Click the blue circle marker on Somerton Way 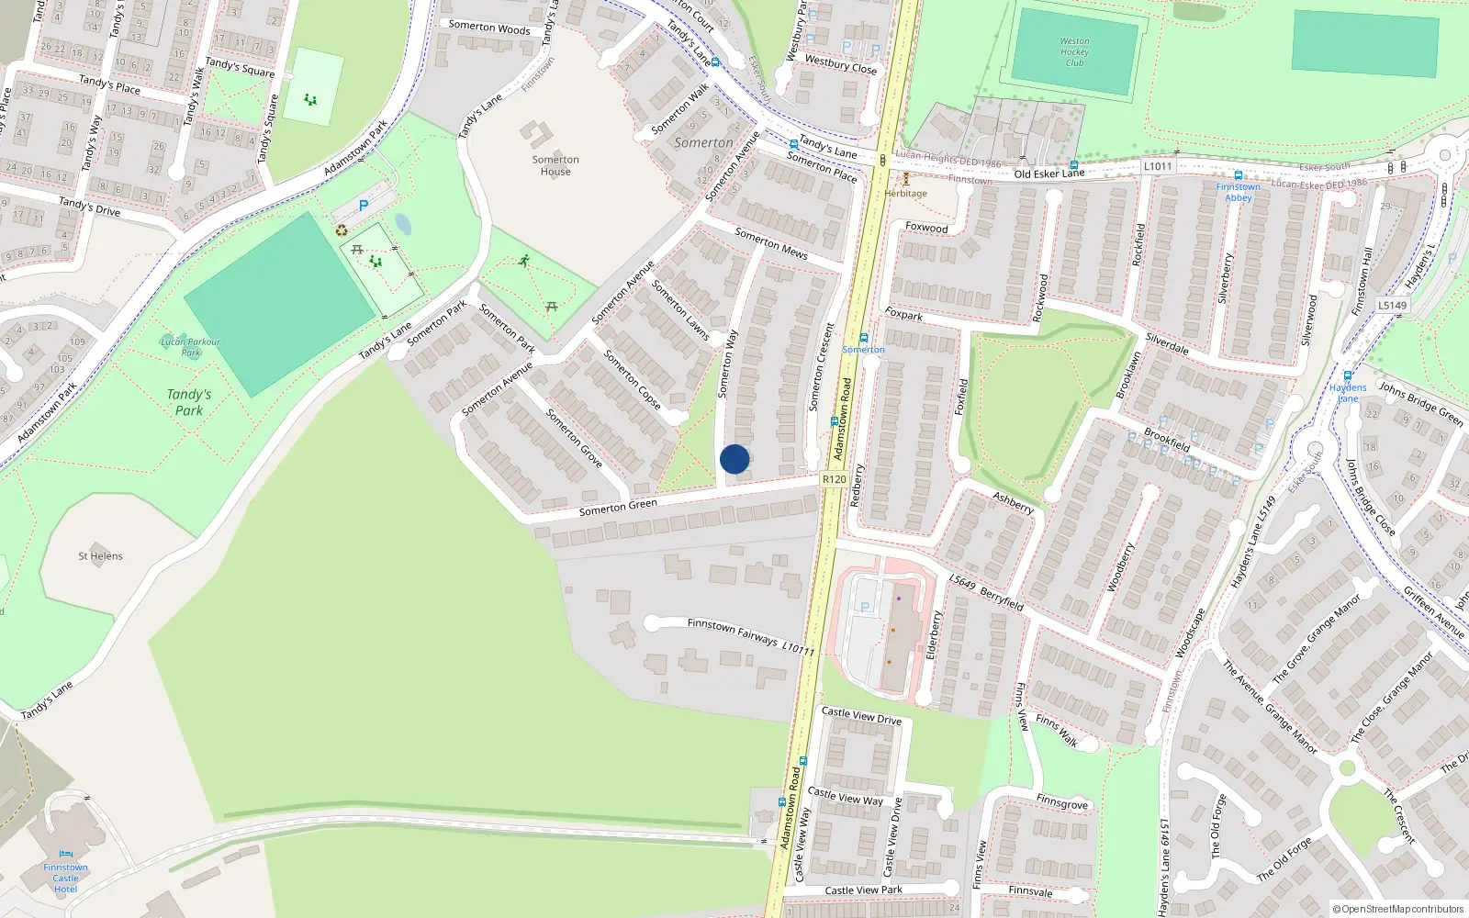tap(734, 459)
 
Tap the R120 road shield tap(834, 479)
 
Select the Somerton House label tap(555, 165)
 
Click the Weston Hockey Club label tap(1074, 52)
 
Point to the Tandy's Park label tap(189, 402)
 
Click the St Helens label tap(100, 556)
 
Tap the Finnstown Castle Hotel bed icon tap(65, 854)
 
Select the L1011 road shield tap(1158, 166)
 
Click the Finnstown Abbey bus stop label tap(1238, 192)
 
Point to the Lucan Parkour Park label tap(190, 347)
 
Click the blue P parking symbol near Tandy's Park tap(364, 207)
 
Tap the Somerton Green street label tap(618, 507)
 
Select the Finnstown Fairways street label tap(732, 631)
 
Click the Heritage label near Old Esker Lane tap(906, 194)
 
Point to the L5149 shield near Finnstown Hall tap(1392, 305)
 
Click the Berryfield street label tap(1002, 599)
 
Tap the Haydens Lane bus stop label tap(1348, 393)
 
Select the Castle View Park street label tap(863, 890)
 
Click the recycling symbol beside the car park tap(342, 230)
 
